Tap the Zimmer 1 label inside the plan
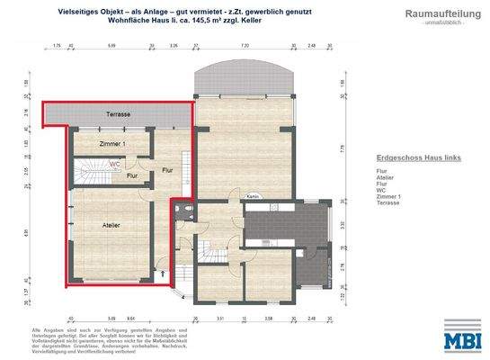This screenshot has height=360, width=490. (111, 143)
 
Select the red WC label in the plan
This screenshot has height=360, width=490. (116, 165)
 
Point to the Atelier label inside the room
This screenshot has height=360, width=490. (112, 224)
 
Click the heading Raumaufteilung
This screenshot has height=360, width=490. (435, 14)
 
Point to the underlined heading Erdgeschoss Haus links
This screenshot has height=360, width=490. (418, 157)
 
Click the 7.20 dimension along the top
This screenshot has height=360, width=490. (245, 43)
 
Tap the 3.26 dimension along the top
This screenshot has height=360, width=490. (174, 43)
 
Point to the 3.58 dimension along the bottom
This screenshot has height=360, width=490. (269, 319)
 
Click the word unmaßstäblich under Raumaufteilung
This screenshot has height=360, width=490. (435, 23)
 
